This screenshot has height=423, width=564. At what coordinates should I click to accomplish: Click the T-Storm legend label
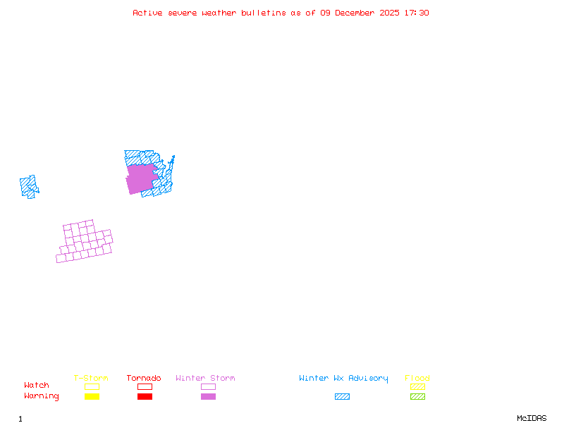pos(91,378)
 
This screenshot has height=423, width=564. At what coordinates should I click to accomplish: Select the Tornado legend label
pos(144,378)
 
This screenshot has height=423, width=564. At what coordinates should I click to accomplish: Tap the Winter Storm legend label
pos(205,378)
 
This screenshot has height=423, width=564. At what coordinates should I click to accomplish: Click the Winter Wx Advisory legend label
pos(343,378)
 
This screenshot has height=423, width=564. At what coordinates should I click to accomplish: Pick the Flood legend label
pos(417,378)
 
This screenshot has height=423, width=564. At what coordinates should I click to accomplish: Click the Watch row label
pos(37,386)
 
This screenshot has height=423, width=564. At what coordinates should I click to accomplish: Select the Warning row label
pos(42,396)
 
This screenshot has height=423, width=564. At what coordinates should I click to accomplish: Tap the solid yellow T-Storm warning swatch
pos(92,396)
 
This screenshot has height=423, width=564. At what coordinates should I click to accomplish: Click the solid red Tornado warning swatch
pos(145,396)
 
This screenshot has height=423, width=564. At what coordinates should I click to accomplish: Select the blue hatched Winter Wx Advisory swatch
pos(342,396)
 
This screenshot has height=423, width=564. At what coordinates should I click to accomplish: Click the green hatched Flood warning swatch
pos(417,396)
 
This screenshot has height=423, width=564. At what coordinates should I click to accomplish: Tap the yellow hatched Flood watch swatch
pos(417,386)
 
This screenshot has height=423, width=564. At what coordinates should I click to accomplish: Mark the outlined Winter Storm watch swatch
pos(208,386)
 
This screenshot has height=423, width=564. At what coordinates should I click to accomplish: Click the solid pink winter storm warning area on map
pos(140,178)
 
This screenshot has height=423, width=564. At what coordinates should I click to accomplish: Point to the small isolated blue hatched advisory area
pos(29,186)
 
